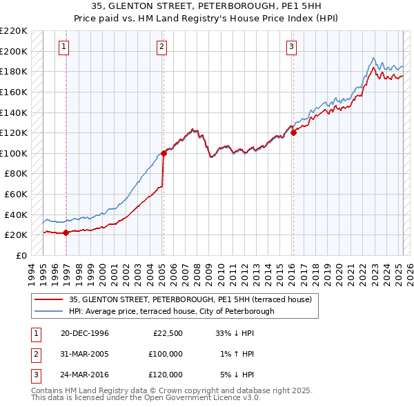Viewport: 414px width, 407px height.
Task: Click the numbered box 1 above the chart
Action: (63, 47)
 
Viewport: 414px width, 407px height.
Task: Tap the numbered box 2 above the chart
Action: (161, 47)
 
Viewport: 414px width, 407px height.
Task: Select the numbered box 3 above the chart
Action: (292, 47)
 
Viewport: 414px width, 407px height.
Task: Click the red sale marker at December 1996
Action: (66, 232)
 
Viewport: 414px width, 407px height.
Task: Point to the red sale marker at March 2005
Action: (164, 153)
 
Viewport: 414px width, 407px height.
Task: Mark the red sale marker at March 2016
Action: (294, 133)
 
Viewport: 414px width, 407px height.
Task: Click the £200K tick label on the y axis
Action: (14, 51)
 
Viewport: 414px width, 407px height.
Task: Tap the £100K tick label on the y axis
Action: (14, 153)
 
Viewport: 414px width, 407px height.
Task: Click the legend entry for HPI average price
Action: (171, 311)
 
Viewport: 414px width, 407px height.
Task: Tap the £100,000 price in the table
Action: (166, 354)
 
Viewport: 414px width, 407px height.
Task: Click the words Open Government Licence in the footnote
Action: (186, 398)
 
